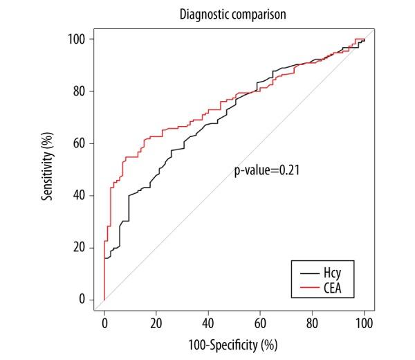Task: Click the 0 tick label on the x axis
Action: pyautogui.click(x=104, y=323)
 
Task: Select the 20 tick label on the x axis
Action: pyautogui.click(x=156, y=323)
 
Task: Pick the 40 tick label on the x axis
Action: pyautogui.click(x=208, y=323)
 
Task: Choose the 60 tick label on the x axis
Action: pyautogui.click(x=261, y=323)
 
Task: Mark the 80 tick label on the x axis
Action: pyautogui.click(x=313, y=323)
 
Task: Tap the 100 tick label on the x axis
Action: pyautogui.click(x=365, y=323)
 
